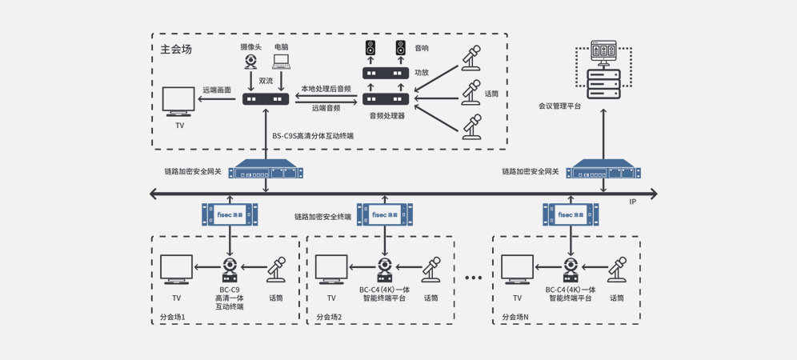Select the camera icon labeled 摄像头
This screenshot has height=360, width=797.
coord(251,62)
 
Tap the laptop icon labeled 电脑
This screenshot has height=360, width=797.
coord(281,62)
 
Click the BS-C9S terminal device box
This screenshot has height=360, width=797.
coord(266,98)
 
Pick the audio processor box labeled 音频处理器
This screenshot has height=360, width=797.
coord(386,98)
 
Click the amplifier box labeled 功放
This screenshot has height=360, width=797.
coord(386,73)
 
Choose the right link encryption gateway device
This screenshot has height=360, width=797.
coord(605,171)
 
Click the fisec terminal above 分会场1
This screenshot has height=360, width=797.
coord(230,214)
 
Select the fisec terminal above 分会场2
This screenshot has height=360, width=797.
coord(383,214)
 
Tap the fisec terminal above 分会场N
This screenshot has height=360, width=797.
coord(570,214)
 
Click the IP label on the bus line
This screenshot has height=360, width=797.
coord(632,202)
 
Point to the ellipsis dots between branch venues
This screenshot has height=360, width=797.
coord(473,278)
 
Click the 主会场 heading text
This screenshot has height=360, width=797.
coord(176,49)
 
